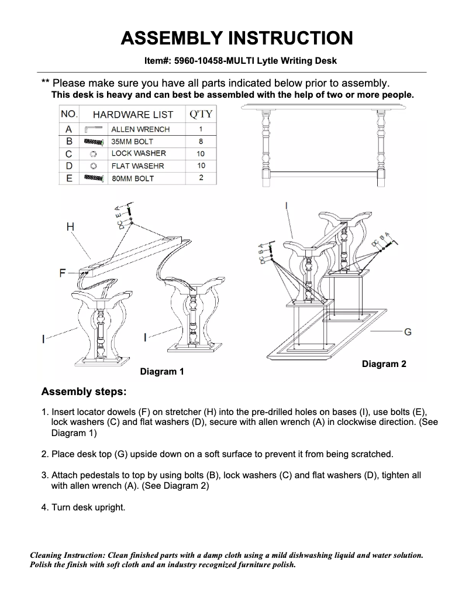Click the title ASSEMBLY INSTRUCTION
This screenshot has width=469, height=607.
click(x=236, y=38)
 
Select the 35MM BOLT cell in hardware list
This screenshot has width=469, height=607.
click(x=132, y=142)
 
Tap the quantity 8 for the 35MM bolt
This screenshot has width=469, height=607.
click(x=201, y=142)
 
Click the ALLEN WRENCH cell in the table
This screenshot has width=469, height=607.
click(x=140, y=129)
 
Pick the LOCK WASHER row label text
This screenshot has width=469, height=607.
click(x=139, y=153)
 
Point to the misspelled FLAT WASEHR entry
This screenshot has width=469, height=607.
click(x=137, y=166)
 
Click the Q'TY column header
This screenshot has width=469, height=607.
click(x=201, y=114)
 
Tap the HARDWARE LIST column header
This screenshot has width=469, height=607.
click(x=133, y=115)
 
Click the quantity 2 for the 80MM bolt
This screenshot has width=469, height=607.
click(x=201, y=178)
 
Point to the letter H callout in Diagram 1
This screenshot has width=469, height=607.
click(x=70, y=227)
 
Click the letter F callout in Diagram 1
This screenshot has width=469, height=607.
click(x=63, y=273)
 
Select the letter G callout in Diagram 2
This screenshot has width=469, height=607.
click(x=408, y=332)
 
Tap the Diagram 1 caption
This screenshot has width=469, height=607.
click(x=162, y=372)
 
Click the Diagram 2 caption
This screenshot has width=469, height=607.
click(x=384, y=364)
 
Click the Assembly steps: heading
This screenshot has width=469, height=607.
click(x=84, y=391)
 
